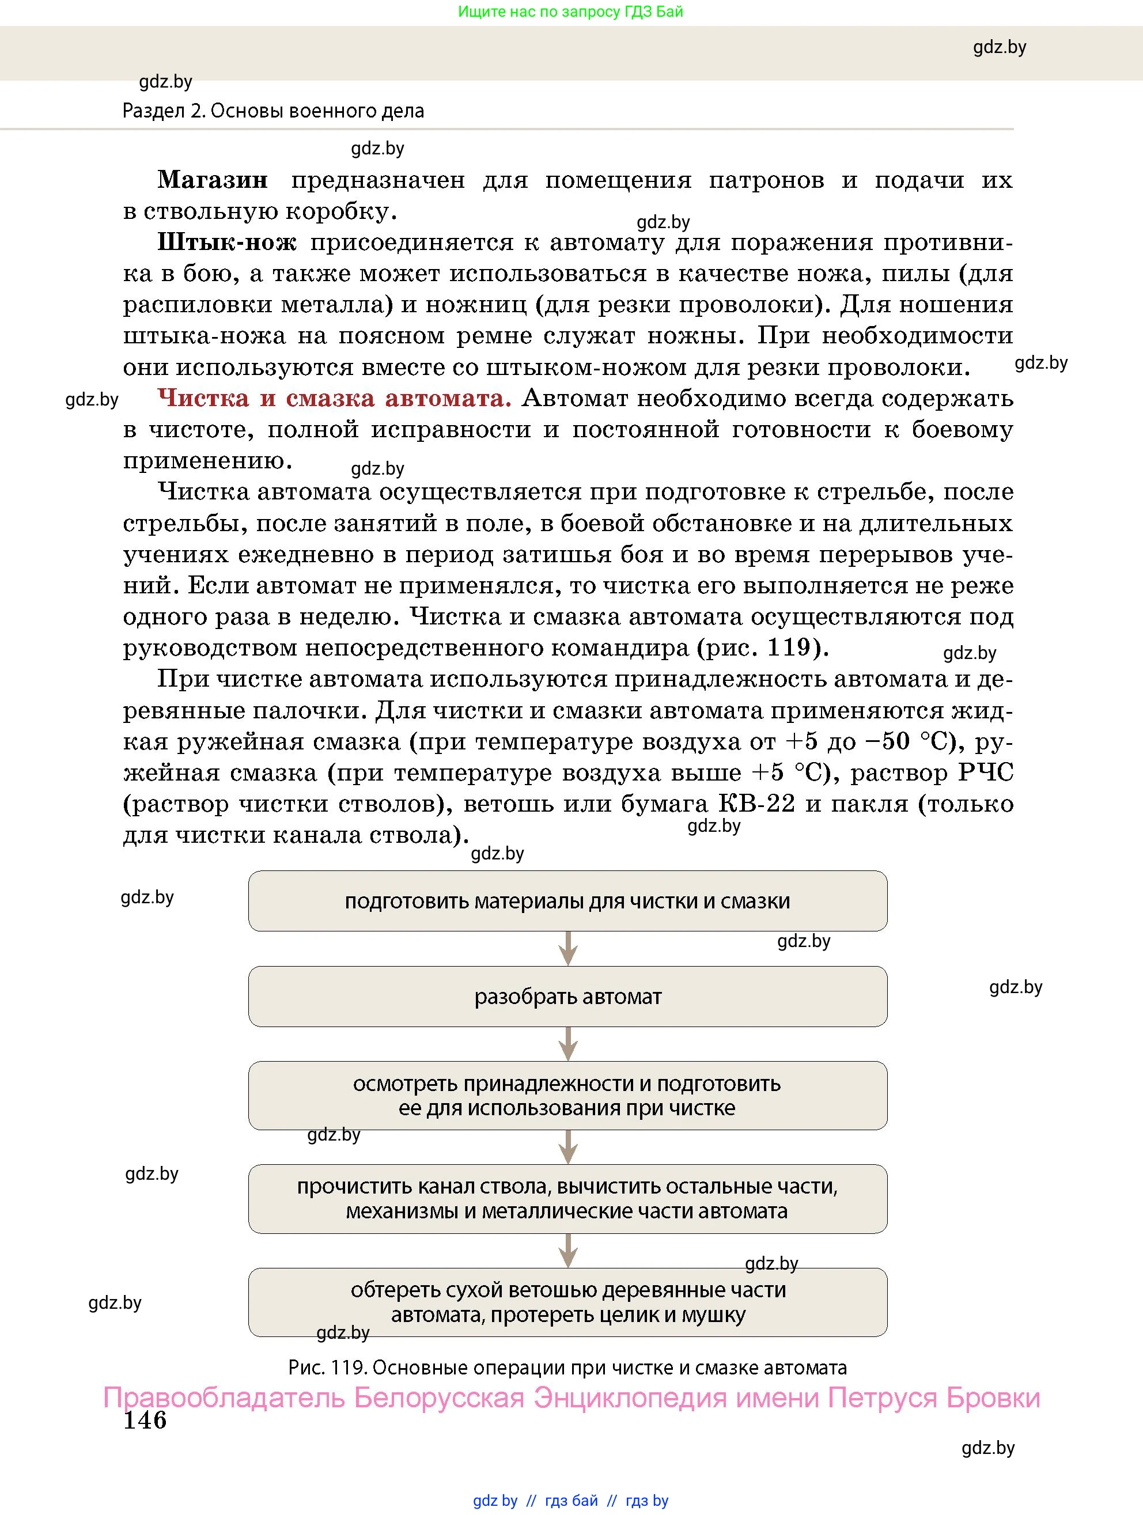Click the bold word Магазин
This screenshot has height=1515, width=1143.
(x=213, y=180)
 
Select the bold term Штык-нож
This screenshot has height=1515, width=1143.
(x=226, y=243)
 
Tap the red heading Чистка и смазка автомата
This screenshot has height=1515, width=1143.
(x=334, y=399)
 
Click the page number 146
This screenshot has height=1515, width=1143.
(x=145, y=1421)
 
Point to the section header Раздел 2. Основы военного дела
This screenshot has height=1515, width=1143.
(x=273, y=111)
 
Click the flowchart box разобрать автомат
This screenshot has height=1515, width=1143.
(x=567, y=997)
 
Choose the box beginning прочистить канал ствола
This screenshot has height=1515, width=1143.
(x=567, y=1199)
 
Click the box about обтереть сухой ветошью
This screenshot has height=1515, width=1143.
(x=567, y=1302)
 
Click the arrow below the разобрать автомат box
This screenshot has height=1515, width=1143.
(x=567, y=1044)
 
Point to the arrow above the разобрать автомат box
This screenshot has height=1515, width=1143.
(x=567, y=949)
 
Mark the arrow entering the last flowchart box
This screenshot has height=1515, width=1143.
(x=567, y=1251)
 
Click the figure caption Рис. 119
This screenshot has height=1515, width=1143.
(x=567, y=1368)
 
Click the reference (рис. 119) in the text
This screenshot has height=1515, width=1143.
(x=762, y=648)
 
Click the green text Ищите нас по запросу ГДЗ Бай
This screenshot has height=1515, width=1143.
(x=570, y=12)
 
